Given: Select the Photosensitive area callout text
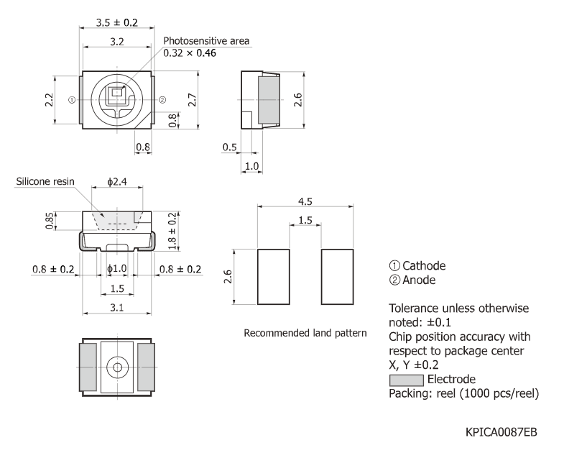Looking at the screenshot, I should click(206, 41).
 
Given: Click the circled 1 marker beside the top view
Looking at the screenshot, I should click(71, 100).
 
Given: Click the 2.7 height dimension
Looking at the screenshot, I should click(192, 100).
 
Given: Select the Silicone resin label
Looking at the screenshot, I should click(45, 182).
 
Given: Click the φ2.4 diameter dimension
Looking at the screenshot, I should click(117, 182).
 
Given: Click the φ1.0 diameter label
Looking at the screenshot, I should click(116, 269).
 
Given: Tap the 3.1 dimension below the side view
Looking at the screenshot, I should click(118, 308).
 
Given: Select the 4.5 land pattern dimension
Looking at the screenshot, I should click(305, 201).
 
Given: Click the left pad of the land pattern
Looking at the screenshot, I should click(274, 277).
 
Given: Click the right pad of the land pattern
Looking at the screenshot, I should click(338, 277).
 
